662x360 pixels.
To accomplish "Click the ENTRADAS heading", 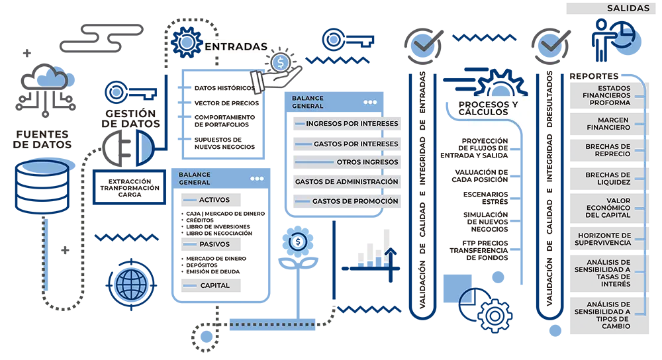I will point(236,47).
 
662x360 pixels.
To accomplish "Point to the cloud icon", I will point(52,79).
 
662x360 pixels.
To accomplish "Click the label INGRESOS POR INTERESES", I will point(352,124).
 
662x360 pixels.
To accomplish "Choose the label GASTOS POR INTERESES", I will point(355,144).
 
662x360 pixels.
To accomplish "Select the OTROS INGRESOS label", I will point(367,162).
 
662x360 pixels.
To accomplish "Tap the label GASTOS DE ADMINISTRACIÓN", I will point(346,181).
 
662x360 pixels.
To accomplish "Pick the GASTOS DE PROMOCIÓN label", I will point(355,201).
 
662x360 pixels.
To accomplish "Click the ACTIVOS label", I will point(214,199).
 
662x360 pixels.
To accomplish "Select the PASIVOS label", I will point(214,244).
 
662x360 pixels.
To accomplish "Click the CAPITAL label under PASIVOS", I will point(214,286).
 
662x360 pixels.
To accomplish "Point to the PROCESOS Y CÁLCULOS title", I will point(491,109).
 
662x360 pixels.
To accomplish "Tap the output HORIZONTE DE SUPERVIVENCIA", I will point(604,239).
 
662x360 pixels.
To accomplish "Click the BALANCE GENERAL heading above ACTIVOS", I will point(194,179).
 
